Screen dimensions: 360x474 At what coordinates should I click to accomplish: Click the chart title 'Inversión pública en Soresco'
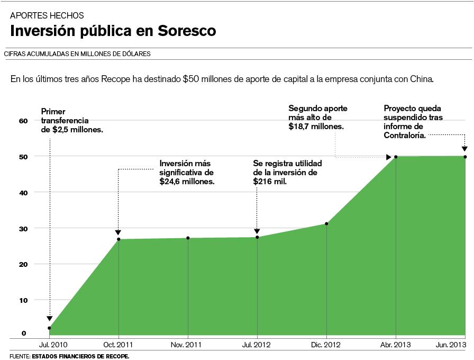(113, 31)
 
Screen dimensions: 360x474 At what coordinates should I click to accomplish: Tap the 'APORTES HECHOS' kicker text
(47, 16)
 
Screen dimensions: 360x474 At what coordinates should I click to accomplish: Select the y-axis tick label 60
(23, 121)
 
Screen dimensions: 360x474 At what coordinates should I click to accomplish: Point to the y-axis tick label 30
(23, 228)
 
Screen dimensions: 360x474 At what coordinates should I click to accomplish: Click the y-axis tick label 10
(23, 300)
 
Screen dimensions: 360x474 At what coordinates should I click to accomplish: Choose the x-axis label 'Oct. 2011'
(118, 345)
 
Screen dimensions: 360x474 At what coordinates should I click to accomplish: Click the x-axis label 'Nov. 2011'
(187, 345)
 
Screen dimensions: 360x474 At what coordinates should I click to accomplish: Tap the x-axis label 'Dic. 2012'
(326, 345)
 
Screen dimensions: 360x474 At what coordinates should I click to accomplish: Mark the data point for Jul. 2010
(49, 328)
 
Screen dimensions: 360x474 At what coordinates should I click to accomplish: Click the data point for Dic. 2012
(326, 224)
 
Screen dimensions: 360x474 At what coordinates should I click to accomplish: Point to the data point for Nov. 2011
(188, 238)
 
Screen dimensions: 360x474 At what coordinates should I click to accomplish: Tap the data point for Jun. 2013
(465, 157)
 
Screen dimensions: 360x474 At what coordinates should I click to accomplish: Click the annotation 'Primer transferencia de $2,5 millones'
(71, 120)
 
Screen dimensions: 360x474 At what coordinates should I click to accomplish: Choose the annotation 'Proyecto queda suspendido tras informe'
(413, 121)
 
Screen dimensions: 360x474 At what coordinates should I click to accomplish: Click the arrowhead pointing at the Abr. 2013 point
(388, 157)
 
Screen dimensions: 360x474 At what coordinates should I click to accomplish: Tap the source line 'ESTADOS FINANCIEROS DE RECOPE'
(80, 356)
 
